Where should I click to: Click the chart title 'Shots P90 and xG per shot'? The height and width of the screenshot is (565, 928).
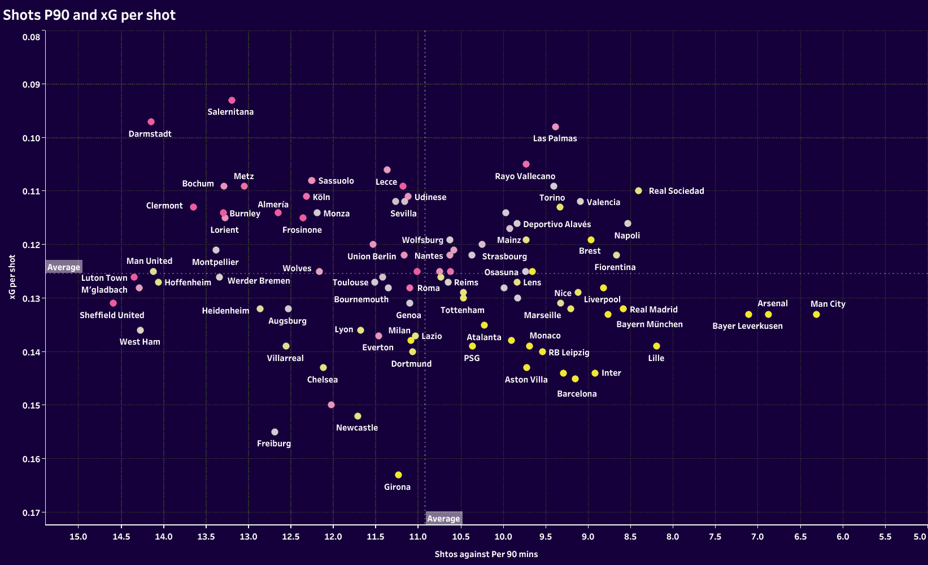click(x=89, y=15)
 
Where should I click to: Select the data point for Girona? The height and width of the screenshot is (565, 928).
click(x=398, y=475)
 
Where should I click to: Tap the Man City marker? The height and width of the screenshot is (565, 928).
click(x=816, y=314)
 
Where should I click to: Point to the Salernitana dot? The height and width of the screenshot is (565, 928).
click(x=232, y=100)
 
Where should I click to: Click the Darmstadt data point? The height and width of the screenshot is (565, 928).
click(x=151, y=121)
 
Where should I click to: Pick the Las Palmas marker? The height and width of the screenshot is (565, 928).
click(x=555, y=127)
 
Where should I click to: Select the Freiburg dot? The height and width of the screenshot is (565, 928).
click(x=275, y=432)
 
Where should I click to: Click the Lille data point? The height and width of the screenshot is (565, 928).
click(x=656, y=346)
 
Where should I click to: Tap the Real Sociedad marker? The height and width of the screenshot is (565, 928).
click(x=638, y=190)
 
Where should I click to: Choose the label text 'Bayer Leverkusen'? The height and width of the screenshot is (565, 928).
click(x=747, y=326)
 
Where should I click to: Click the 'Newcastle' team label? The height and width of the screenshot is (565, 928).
click(x=357, y=428)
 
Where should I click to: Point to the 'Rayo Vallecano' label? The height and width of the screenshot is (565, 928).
click(x=525, y=176)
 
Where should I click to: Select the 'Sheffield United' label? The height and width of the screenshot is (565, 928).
click(x=112, y=315)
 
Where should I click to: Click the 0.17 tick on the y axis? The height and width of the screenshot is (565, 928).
click(x=31, y=512)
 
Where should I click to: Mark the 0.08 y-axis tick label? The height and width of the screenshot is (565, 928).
click(x=31, y=37)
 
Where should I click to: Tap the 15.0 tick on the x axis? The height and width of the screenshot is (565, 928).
click(x=78, y=537)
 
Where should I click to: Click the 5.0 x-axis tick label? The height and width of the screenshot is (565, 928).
click(x=920, y=537)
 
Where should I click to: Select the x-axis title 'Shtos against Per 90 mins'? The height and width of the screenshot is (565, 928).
click(x=486, y=554)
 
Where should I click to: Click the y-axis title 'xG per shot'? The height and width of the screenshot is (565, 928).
click(x=12, y=277)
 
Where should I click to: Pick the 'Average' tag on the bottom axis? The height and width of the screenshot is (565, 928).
click(x=443, y=519)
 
